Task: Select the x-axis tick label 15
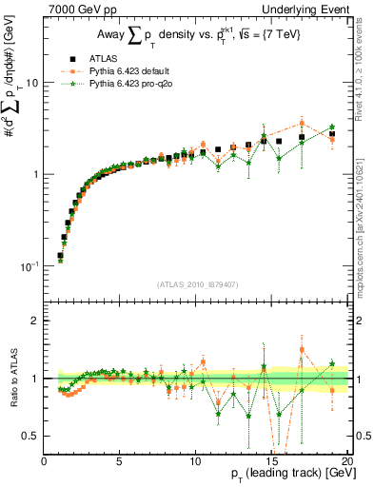270,461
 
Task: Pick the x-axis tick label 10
195,461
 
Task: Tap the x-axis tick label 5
120,461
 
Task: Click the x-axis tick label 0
45,461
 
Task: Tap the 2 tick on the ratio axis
35,321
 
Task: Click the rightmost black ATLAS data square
332,134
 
